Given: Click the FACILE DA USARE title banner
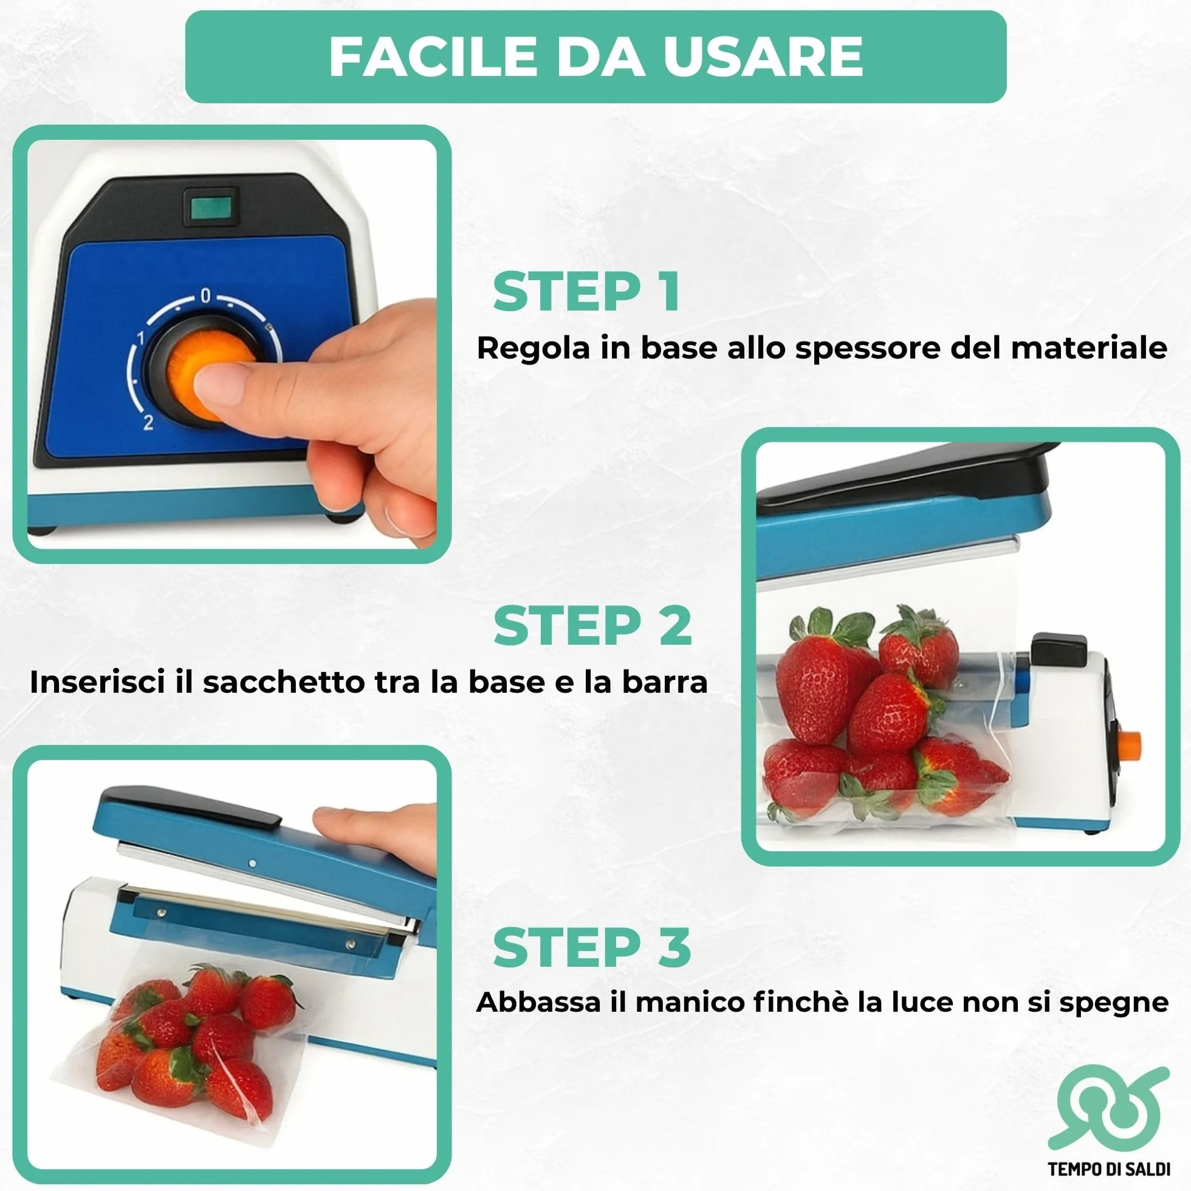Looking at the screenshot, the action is click(595, 57).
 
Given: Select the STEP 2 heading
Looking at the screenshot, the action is click(592, 625).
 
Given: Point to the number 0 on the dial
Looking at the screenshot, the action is click(206, 297).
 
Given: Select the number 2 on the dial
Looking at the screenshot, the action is click(148, 423).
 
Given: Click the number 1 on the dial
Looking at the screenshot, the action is click(140, 338).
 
